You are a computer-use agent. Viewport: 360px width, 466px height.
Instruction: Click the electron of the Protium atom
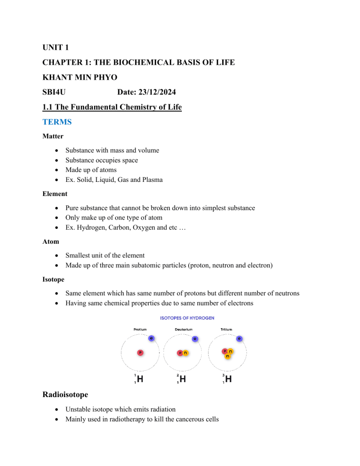(150, 338)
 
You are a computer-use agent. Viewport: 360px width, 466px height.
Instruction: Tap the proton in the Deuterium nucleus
(180, 353)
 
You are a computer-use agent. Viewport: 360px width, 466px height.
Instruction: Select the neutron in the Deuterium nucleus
(186, 353)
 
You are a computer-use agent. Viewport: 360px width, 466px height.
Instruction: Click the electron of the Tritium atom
(240, 338)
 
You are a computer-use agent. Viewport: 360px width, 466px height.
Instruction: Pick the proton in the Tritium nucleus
(225, 350)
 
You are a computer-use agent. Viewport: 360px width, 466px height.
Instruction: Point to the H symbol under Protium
(139, 380)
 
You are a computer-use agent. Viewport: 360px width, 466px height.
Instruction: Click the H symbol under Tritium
(228, 380)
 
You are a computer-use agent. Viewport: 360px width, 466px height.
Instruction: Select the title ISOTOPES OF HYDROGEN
(187, 317)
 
